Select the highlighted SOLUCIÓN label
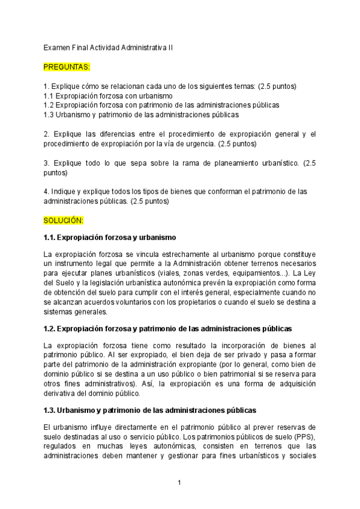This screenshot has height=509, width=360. coord(64,221)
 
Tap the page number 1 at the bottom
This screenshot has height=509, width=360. coord(179,483)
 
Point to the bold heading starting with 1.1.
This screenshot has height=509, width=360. coord(110,238)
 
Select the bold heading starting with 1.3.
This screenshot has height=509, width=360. coord(150,411)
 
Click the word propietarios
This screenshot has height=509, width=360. coord(211,303)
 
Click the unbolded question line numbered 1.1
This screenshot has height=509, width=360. coord(108,95)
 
